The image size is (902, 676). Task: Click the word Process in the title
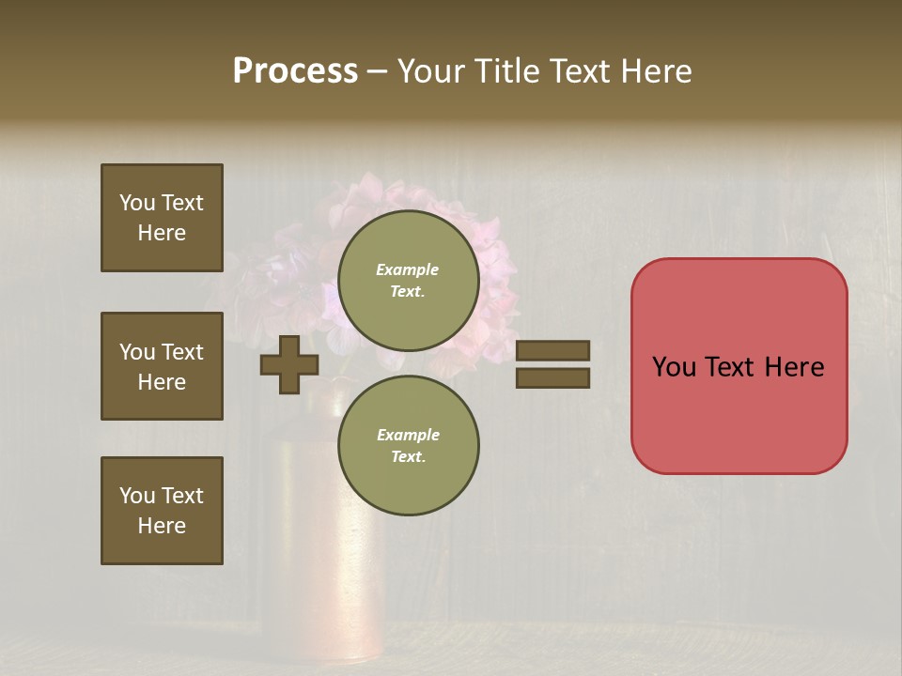295,71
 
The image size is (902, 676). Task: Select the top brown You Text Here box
162,218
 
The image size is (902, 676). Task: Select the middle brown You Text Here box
162,366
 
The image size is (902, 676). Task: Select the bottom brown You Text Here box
162,511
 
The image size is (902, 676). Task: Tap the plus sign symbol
289,364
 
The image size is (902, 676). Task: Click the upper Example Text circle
408,281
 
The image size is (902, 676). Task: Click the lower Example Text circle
408,446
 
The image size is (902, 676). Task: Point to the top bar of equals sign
552,350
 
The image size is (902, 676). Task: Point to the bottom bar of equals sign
552,377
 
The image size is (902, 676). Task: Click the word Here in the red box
794,367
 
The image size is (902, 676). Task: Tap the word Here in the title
658,71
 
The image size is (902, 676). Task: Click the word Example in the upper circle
408,269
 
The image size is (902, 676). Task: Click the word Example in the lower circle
408,435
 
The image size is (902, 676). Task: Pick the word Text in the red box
732,367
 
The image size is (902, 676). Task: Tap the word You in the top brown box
137,203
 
